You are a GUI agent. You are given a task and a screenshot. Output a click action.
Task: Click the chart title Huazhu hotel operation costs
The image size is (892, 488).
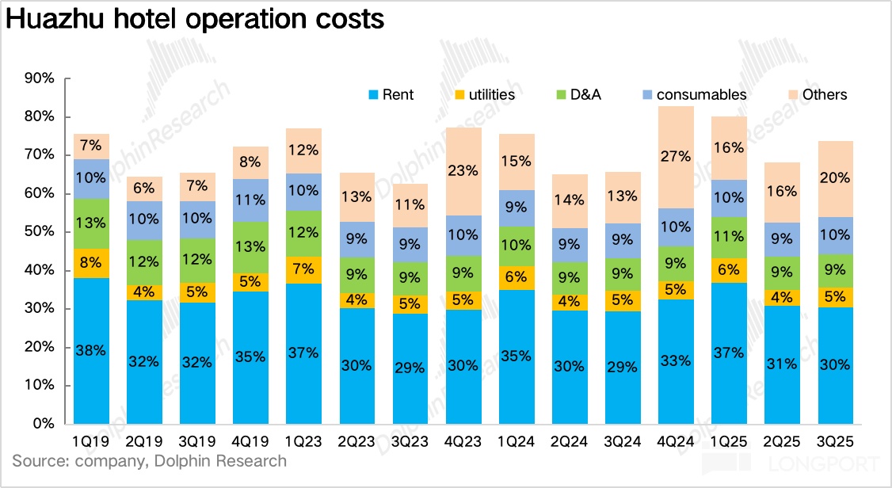[195, 20]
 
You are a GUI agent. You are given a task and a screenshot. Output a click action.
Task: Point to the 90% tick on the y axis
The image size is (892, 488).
[39, 78]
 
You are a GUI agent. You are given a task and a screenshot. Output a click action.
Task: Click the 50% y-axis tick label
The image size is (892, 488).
[39, 232]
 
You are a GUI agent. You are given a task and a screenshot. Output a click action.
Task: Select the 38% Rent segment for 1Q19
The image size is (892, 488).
[92, 350]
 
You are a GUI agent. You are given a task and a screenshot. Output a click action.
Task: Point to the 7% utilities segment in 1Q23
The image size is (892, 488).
[304, 269]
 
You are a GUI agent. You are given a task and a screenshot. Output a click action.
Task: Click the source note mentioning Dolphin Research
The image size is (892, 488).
[149, 460]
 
